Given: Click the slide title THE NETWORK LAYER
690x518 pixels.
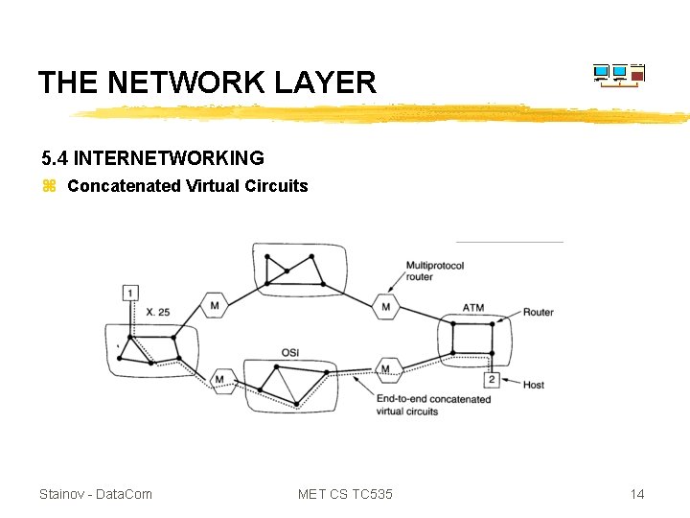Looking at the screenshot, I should [207, 82].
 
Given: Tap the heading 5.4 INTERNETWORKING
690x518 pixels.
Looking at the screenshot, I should [152, 157].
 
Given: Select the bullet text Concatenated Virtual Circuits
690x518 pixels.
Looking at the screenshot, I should [188, 186].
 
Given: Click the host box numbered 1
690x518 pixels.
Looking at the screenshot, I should [131, 292].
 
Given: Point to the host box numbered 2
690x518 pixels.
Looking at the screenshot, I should [491, 380].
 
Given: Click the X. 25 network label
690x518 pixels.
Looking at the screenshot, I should [158, 313].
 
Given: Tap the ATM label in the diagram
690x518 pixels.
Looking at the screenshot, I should [473, 308].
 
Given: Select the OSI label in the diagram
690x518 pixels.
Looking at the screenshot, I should [290, 352].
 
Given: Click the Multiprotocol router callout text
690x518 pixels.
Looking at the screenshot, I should [435, 271].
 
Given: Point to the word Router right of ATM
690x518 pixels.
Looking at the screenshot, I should [538, 313].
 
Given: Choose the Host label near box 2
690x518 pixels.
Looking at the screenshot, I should [533, 385].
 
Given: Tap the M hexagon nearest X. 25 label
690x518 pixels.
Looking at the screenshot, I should [215, 307].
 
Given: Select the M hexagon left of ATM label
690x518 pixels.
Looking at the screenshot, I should [385, 307].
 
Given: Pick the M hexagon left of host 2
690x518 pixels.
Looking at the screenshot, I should [385, 369].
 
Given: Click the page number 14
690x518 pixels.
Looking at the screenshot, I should [637, 494].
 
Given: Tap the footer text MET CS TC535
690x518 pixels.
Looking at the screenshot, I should [345, 494].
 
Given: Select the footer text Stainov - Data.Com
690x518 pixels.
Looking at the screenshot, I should [96, 494].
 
